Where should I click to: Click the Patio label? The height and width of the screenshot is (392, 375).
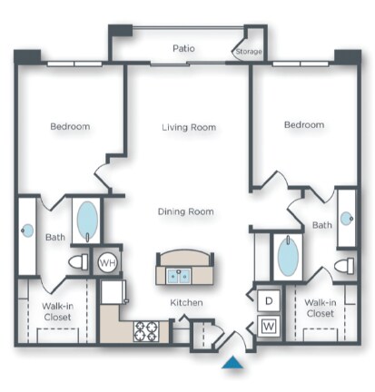click(186, 48)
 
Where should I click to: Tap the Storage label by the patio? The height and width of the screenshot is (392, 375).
click(249, 52)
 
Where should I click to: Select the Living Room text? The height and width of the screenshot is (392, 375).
click(189, 128)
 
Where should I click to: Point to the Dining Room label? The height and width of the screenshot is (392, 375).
click(187, 211)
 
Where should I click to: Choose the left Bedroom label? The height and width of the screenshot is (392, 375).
click(69, 126)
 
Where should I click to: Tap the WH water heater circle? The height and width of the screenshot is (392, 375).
click(107, 262)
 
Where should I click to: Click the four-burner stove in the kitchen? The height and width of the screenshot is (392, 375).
click(145, 331)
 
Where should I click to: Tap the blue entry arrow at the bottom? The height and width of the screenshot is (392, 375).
click(233, 364)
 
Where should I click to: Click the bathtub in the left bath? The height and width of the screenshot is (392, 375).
click(87, 219)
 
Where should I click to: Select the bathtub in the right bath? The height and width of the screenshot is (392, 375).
click(287, 257)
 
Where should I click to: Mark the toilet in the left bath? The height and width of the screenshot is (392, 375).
click(80, 262)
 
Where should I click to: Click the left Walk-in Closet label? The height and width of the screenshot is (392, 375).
click(58, 312)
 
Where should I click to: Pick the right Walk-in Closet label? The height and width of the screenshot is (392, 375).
click(321, 308)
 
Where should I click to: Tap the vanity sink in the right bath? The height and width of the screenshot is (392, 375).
click(346, 219)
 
